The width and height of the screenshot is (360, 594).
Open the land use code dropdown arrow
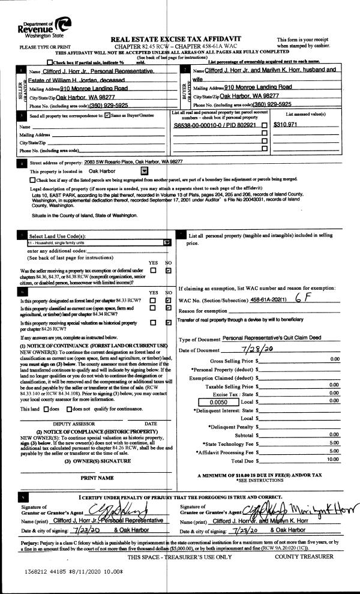tap(167, 243)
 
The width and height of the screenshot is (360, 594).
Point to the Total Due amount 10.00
tap(333, 460)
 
